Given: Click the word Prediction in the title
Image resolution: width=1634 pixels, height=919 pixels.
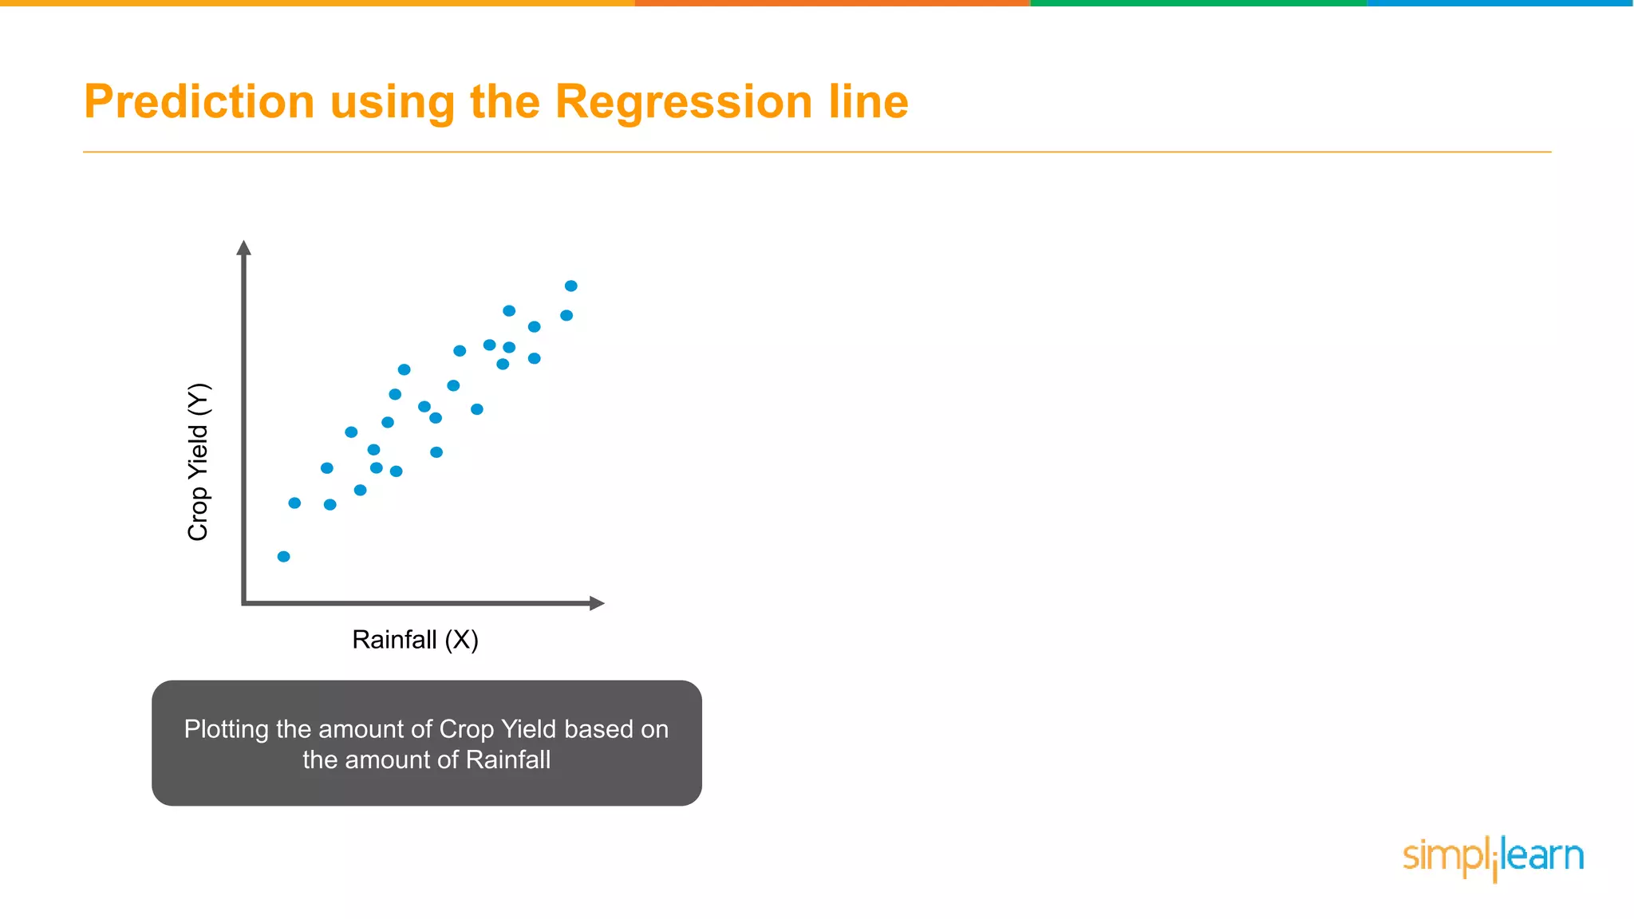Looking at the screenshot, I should point(199,102).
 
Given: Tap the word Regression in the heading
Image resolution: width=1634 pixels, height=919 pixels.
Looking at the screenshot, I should point(683,102).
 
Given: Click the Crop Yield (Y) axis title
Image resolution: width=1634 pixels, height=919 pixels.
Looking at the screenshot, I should point(198,462).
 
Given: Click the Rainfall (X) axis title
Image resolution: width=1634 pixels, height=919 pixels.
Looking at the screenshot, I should point(415,640).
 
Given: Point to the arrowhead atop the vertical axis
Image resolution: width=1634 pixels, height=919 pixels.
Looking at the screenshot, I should point(244,248).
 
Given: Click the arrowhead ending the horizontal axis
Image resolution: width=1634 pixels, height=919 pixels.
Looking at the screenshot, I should point(597,603).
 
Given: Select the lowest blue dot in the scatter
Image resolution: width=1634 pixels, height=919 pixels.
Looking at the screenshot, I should point(283,556).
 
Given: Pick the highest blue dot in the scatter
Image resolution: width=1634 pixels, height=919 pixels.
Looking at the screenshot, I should point(570,286).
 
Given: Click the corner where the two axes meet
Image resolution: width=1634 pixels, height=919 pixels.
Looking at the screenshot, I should point(244,603).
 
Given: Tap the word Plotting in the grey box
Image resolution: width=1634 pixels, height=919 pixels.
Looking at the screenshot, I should point(226,729).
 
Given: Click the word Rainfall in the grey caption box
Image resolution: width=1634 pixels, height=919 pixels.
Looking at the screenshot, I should point(507,759).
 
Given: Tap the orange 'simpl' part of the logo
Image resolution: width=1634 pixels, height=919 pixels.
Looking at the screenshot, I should point(1444,856).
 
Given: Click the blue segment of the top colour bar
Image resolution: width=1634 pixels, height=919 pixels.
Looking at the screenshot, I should point(1500,3).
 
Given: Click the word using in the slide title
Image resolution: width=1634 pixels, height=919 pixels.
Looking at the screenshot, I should point(392,102).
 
